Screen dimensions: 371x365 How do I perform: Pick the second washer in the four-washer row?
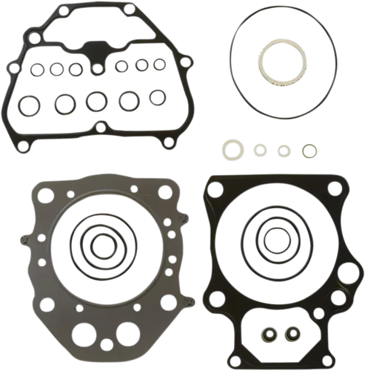(259, 150)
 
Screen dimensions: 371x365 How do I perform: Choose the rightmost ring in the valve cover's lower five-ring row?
(156, 96)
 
